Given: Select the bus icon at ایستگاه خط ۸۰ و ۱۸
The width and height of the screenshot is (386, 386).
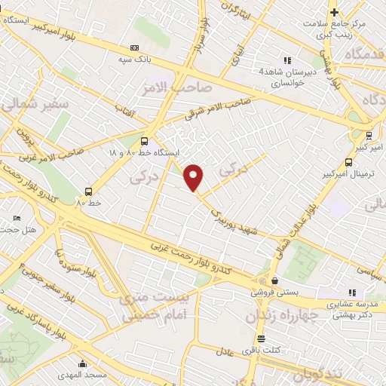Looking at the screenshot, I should pos(144,140).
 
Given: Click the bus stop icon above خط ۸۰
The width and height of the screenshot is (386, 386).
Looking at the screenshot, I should pos(89,191).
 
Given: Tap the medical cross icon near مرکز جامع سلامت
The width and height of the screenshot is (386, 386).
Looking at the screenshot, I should pos(334,12).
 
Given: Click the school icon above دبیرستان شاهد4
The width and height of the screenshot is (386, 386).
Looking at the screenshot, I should pos(286,60).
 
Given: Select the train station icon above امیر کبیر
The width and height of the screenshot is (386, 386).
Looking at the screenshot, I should pos(367,136).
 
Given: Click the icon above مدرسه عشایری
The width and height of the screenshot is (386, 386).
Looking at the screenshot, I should pos(351,292).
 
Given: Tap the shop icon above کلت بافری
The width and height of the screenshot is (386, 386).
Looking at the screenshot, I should pos(262,339).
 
